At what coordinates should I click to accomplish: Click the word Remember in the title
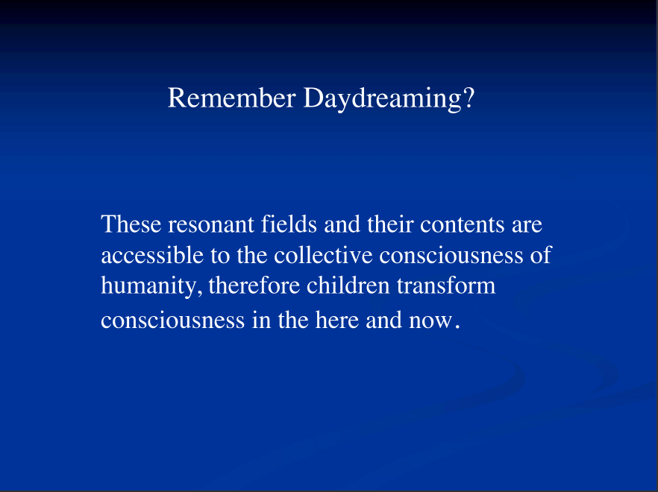[231, 98]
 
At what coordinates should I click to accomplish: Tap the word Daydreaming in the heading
[382, 100]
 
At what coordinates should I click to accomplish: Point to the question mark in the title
[469, 98]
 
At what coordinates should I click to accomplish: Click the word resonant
[211, 225]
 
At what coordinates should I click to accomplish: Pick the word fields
[289, 224]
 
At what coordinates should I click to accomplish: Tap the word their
[390, 224]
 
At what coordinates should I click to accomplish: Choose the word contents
[463, 225]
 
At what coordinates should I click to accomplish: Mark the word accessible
[152, 255]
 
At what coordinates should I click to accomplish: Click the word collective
[323, 255]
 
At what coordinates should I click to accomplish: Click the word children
[348, 286]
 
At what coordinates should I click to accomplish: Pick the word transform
[446, 286]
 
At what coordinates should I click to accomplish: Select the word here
[337, 320]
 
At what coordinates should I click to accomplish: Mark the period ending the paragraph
[457, 327]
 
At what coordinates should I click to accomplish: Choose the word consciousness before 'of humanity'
[451, 256]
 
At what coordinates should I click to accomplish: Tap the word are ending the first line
[527, 226]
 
